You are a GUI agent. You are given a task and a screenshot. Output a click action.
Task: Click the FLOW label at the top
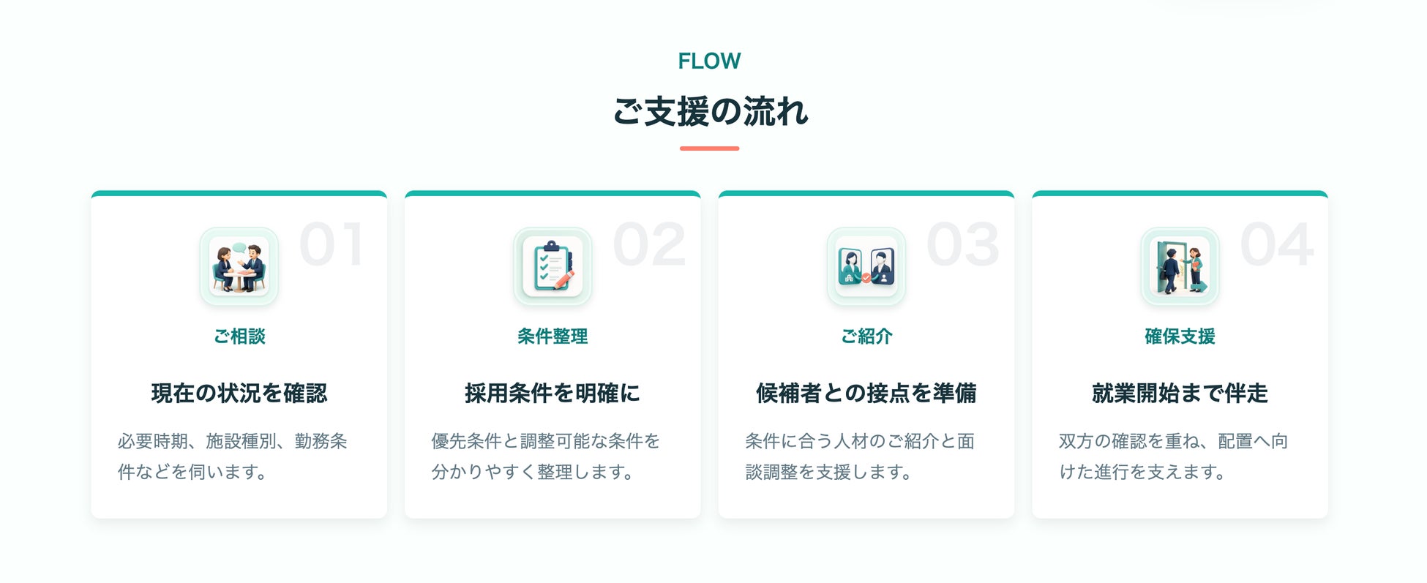[x=709, y=61]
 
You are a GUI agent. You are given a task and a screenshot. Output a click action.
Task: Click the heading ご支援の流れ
[x=710, y=112]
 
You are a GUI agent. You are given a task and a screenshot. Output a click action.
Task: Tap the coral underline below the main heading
[x=709, y=148]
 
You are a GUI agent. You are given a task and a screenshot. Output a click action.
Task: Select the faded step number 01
[x=332, y=244]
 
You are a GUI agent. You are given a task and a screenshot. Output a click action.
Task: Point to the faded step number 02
[x=649, y=244]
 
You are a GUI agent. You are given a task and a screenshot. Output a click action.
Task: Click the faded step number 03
[x=963, y=244]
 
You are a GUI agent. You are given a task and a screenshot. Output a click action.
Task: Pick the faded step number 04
[x=1277, y=244]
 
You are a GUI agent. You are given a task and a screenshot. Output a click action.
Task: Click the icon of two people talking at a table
[x=239, y=266]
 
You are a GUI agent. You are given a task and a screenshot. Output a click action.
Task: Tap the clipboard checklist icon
[x=553, y=266]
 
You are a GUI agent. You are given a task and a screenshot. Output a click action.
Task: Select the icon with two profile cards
[x=866, y=266]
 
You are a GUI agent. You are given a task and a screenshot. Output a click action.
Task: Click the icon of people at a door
[x=1180, y=266]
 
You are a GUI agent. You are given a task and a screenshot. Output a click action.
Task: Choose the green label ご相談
[x=239, y=336]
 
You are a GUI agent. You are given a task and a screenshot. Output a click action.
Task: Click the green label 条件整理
[x=553, y=336]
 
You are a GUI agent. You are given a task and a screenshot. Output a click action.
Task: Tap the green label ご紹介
[x=866, y=336]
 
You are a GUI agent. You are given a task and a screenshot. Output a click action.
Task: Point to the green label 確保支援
[x=1180, y=336]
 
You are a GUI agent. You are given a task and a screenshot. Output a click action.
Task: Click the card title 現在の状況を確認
[x=239, y=394]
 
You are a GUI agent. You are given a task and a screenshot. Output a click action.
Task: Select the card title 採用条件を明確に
[x=553, y=394]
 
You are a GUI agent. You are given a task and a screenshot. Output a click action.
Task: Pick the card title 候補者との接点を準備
[x=866, y=394]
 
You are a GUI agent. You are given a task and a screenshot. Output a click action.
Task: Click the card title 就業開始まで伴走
[x=1180, y=394]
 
